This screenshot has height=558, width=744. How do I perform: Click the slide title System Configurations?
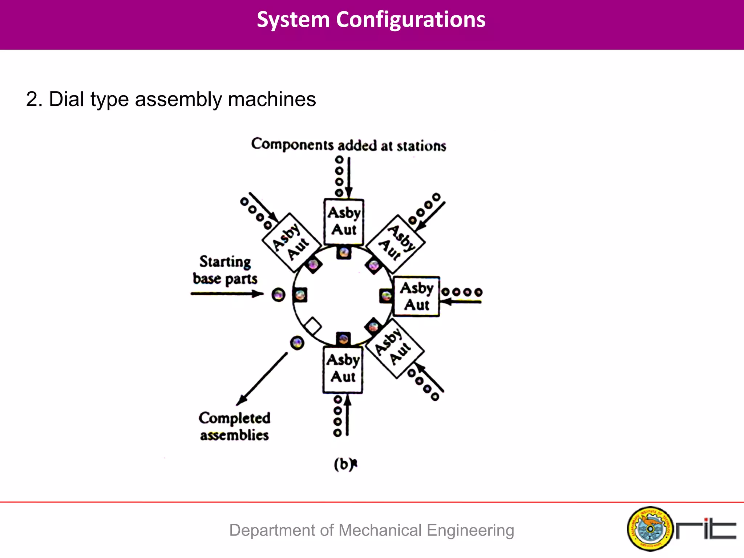[x=371, y=20]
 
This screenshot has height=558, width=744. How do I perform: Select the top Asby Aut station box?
[x=344, y=221]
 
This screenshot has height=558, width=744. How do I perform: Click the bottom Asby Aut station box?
[x=343, y=369]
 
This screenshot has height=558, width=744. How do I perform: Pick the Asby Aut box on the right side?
[x=417, y=296]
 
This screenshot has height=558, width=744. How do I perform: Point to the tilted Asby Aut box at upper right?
[x=396, y=243]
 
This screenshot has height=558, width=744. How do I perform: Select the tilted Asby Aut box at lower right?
[x=395, y=348]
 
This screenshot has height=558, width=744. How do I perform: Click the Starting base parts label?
[x=225, y=270]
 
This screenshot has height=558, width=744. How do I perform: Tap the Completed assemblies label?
[x=234, y=426]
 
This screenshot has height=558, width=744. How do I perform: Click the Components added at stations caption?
[x=348, y=145]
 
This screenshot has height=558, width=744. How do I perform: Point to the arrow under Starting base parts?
[x=227, y=294]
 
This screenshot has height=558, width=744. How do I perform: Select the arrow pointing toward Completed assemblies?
[x=262, y=379]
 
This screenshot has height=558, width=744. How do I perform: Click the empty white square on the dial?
[x=313, y=325]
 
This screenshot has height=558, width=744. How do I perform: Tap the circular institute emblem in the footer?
[x=650, y=529]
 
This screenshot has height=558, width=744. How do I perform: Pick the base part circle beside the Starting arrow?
[x=279, y=295]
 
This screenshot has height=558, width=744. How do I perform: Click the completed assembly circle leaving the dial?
[x=297, y=343]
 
